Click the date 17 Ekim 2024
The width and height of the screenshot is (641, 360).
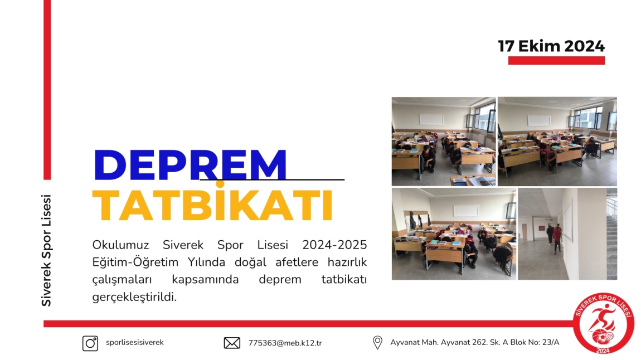click(x=551, y=46)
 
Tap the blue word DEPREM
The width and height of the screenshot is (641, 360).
click(x=190, y=165)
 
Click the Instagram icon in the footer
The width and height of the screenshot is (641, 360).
click(x=90, y=343)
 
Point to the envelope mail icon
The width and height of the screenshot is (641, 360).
click(x=232, y=343)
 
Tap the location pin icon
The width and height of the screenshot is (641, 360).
click(x=377, y=342)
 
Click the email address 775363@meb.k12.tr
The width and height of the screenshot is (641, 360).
click(x=285, y=343)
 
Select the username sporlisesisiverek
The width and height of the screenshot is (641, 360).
click(x=134, y=342)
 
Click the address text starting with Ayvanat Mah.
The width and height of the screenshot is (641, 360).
click(x=474, y=342)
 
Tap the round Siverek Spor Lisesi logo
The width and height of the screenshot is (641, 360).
click(x=603, y=323)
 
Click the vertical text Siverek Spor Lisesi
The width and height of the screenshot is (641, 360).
click(x=46, y=250)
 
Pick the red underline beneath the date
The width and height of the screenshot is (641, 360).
click(x=556, y=61)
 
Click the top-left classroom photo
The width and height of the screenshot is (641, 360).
click(x=444, y=142)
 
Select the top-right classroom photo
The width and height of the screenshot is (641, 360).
click(x=557, y=142)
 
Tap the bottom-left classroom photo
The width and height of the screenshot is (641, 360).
click(x=454, y=233)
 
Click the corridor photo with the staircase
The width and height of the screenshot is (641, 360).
click(x=567, y=233)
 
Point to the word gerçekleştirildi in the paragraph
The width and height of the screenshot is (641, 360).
click(x=134, y=297)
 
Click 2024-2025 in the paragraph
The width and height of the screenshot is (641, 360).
click(x=334, y=245)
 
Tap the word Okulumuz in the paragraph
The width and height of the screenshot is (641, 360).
click(x=120, y=245)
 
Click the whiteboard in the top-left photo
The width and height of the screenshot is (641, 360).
click(x=431, y=119)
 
